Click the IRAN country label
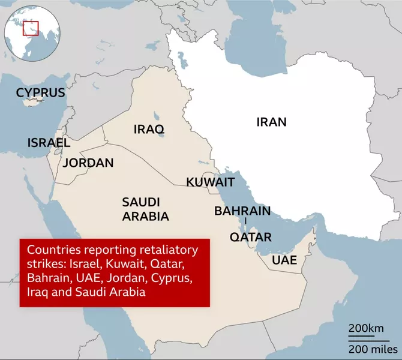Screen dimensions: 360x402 pos(271,122)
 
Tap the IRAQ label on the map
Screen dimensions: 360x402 pos(149,129)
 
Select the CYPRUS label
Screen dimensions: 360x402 pos(40,92)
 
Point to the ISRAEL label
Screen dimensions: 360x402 pos(49,143)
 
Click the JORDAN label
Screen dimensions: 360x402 pos(88,163)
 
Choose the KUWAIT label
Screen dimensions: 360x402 pos(210,182)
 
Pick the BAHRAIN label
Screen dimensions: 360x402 pos(242,211)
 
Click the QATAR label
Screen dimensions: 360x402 pos(251,236)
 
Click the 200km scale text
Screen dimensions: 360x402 pos(366,329)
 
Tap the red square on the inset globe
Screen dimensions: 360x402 pos(31,28)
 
